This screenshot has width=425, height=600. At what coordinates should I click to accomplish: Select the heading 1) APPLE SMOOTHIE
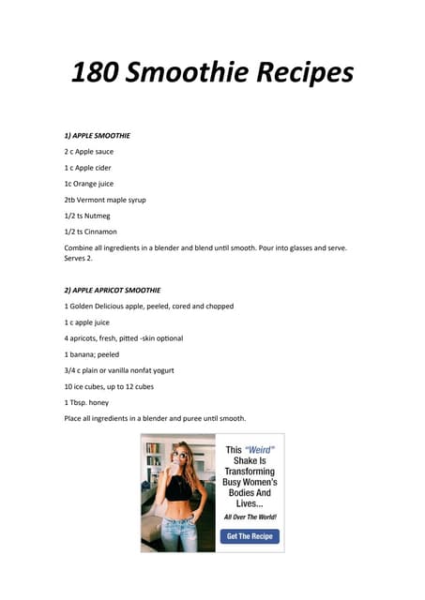(x=97, y=136)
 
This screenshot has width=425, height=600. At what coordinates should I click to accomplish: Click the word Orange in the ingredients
(x=92, y=184)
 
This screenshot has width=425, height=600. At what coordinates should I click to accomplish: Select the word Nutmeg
(x=99, y=215)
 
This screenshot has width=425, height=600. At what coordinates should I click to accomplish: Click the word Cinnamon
(x=102, y=232)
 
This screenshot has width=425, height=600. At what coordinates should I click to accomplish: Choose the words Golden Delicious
(x=102, y=306)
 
